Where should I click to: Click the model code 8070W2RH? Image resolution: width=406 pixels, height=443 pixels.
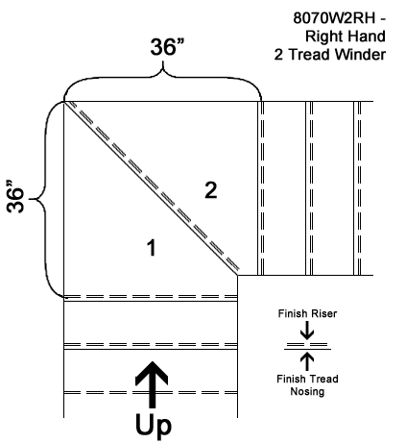(x=334, y=18)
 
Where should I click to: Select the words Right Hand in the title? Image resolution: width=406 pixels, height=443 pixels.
(x=346, y=37)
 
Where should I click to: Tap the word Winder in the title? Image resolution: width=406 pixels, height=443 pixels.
(x=360, y=55)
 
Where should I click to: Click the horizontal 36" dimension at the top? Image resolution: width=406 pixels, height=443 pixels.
(x=167, y=47)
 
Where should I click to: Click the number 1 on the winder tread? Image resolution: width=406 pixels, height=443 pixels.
(x=152, y=247)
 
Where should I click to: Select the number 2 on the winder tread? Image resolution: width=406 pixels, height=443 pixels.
(x=211, y=190)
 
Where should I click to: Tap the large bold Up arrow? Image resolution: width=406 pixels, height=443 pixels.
(x=152, y=384)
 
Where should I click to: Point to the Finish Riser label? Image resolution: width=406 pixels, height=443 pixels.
(x=307, y=313)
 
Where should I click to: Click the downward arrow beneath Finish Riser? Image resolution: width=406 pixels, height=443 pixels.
(x=307, y=331)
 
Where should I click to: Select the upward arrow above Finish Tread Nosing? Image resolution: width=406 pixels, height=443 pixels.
(x=307, y=361)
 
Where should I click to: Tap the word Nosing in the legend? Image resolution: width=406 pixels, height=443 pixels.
(x=307, y=391)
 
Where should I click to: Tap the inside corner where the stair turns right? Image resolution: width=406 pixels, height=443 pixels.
(x=237, y=275)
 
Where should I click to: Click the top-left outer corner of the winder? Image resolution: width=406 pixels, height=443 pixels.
(x=64, y=102)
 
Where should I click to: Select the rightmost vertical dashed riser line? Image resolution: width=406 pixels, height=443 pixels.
(x=359, y=188)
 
